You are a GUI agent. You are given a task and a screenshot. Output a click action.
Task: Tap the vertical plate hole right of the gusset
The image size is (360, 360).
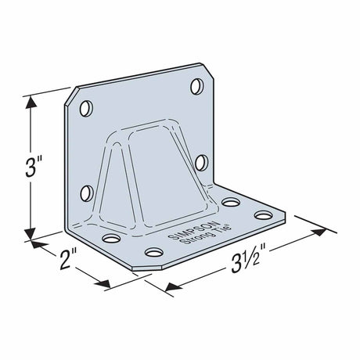(201, 163)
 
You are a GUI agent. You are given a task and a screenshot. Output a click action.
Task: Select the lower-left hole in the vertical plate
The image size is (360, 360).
(87, 192)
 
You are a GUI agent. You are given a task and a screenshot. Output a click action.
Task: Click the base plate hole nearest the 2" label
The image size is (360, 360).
(110, 236)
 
